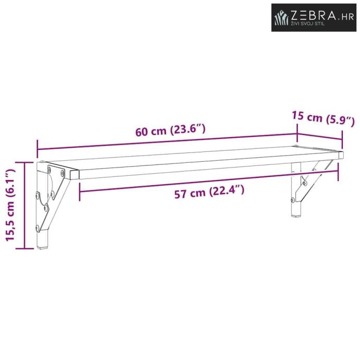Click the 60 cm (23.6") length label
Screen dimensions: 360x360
(x=170, y=130)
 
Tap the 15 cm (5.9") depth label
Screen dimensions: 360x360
(x=323, y=118)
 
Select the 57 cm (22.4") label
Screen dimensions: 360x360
(x=209, y=192)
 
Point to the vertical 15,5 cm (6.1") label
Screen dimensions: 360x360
(x=10, y=205)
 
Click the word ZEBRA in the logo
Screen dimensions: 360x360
(x=314, y=16)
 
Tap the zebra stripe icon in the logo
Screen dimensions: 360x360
(x=281, y=18)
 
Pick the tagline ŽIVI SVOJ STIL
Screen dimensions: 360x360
(x=308, y=23)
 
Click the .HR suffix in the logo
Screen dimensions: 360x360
(x=346, y=17)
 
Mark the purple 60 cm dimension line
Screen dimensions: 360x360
(x=167, y=142)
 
